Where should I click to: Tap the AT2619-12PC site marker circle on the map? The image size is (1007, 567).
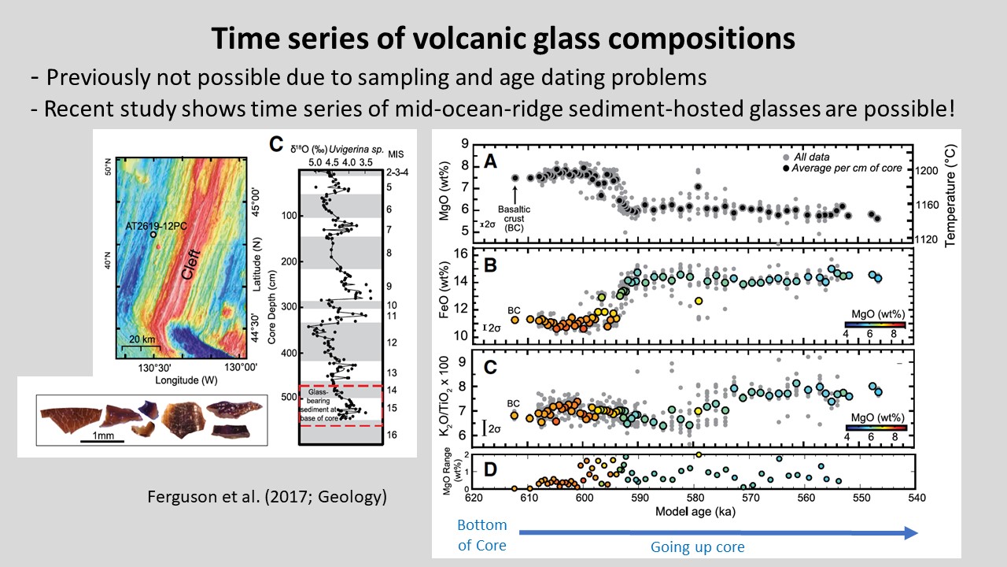tap(154, 235)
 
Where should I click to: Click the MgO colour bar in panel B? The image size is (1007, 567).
tap(875, 324)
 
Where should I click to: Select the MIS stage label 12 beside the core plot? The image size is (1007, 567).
tap(391, 343)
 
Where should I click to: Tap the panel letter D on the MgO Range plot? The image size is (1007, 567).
tap(489, 471)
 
